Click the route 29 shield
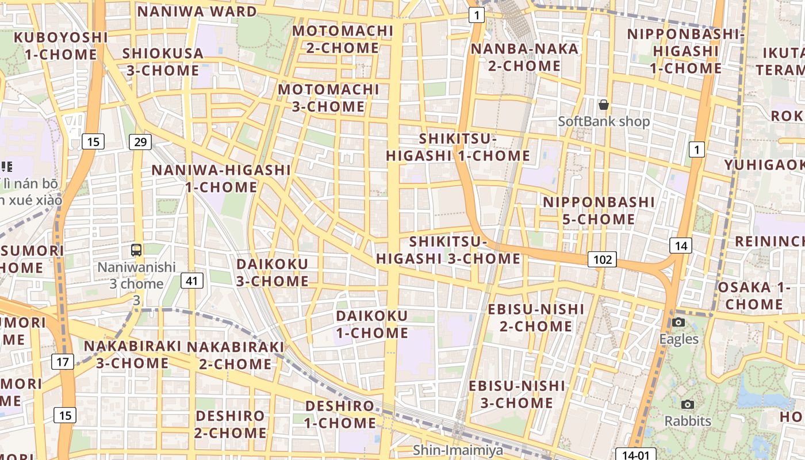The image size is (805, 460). [140, 141]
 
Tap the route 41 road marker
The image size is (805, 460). [191, 281]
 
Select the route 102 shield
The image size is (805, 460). [602, 259]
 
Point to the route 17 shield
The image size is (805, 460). [62, 362]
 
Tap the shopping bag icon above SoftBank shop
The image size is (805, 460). [603, 105]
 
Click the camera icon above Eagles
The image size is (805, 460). [678, 322]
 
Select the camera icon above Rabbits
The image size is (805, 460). [687, 404]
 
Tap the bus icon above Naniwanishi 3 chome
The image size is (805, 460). [136, 250]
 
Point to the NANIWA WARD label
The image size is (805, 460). [197, 11]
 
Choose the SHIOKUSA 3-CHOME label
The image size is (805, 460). [163, 62]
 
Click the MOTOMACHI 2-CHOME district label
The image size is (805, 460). [343, 39]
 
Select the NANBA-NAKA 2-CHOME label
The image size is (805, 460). [524, 57]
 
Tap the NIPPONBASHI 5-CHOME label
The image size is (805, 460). [599, 210]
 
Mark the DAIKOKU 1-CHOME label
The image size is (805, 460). [372, 324]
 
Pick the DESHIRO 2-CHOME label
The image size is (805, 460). [230, 424]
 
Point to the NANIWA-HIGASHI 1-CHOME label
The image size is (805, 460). [221, 178]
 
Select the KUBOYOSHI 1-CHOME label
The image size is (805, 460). [60, 46]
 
